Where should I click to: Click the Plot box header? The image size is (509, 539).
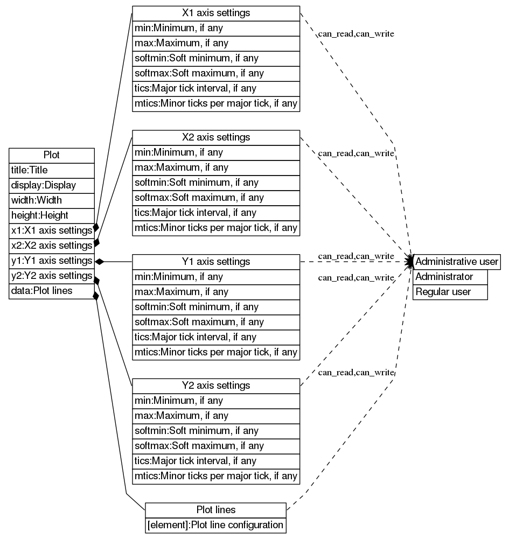point(52,155)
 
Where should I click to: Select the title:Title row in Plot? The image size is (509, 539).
point(52,170)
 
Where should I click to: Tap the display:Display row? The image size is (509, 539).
point(52,185)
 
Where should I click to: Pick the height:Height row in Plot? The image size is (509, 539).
point(52,215)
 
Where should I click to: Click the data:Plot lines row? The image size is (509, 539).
point(52,291)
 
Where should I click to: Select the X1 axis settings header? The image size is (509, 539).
point(216,13)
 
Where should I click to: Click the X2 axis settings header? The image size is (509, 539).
point(216,137)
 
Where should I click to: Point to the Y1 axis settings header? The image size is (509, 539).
point(216,262)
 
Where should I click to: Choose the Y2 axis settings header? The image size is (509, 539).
point(216,386)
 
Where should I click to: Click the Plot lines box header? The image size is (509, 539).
point(215,509)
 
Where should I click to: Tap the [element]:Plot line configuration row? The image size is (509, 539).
point(215,524)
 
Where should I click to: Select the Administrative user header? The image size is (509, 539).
point(457,262)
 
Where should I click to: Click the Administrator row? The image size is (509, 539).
point(450,277)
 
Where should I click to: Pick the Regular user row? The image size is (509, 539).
point(450,292)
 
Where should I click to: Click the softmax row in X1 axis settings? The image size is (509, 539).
point(216,73)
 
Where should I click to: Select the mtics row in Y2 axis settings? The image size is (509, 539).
point(216,476)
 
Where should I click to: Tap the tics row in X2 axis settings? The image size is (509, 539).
point(216,213)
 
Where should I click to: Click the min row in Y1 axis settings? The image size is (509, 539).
point(216,277)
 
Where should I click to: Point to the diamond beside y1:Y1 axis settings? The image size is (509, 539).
point(99,261)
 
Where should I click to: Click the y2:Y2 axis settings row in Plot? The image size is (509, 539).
point(52,276)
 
